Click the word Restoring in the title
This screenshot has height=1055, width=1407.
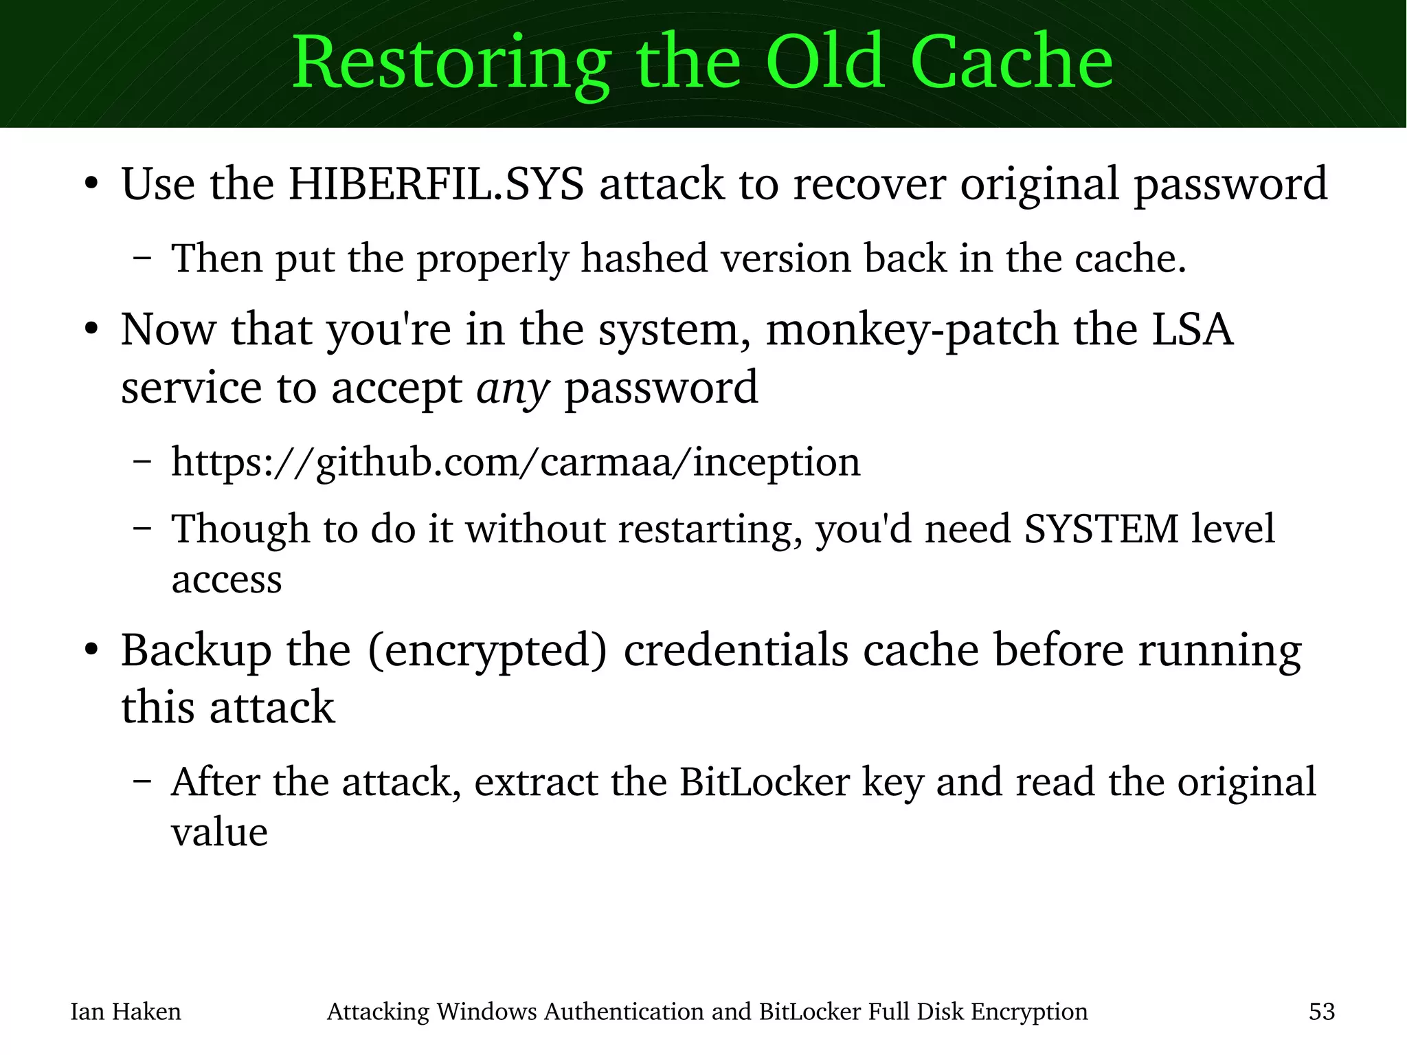click(451, 63)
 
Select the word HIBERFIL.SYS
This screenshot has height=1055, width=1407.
click(436, 184)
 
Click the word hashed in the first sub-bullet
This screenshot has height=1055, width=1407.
click(644, 258)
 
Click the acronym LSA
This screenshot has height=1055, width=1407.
click(1192, 329)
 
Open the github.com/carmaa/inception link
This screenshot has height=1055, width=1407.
click(515, 462)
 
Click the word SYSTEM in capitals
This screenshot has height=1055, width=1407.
click(1101, 529)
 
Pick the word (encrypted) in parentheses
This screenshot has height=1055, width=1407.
click(488, 650)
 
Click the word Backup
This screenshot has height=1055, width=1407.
click(196, 650)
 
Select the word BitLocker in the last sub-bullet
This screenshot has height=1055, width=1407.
click(764, 782)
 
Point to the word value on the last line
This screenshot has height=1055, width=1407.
click(219, 832)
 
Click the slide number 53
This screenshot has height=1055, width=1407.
click(1321, 1012)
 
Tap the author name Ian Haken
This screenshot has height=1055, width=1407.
click(126, 1012)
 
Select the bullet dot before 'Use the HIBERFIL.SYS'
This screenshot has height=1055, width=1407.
click(91, 184)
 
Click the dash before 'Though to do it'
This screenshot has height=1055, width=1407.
click(142, 529)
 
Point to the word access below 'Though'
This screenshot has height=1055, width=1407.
click(226, 579)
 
